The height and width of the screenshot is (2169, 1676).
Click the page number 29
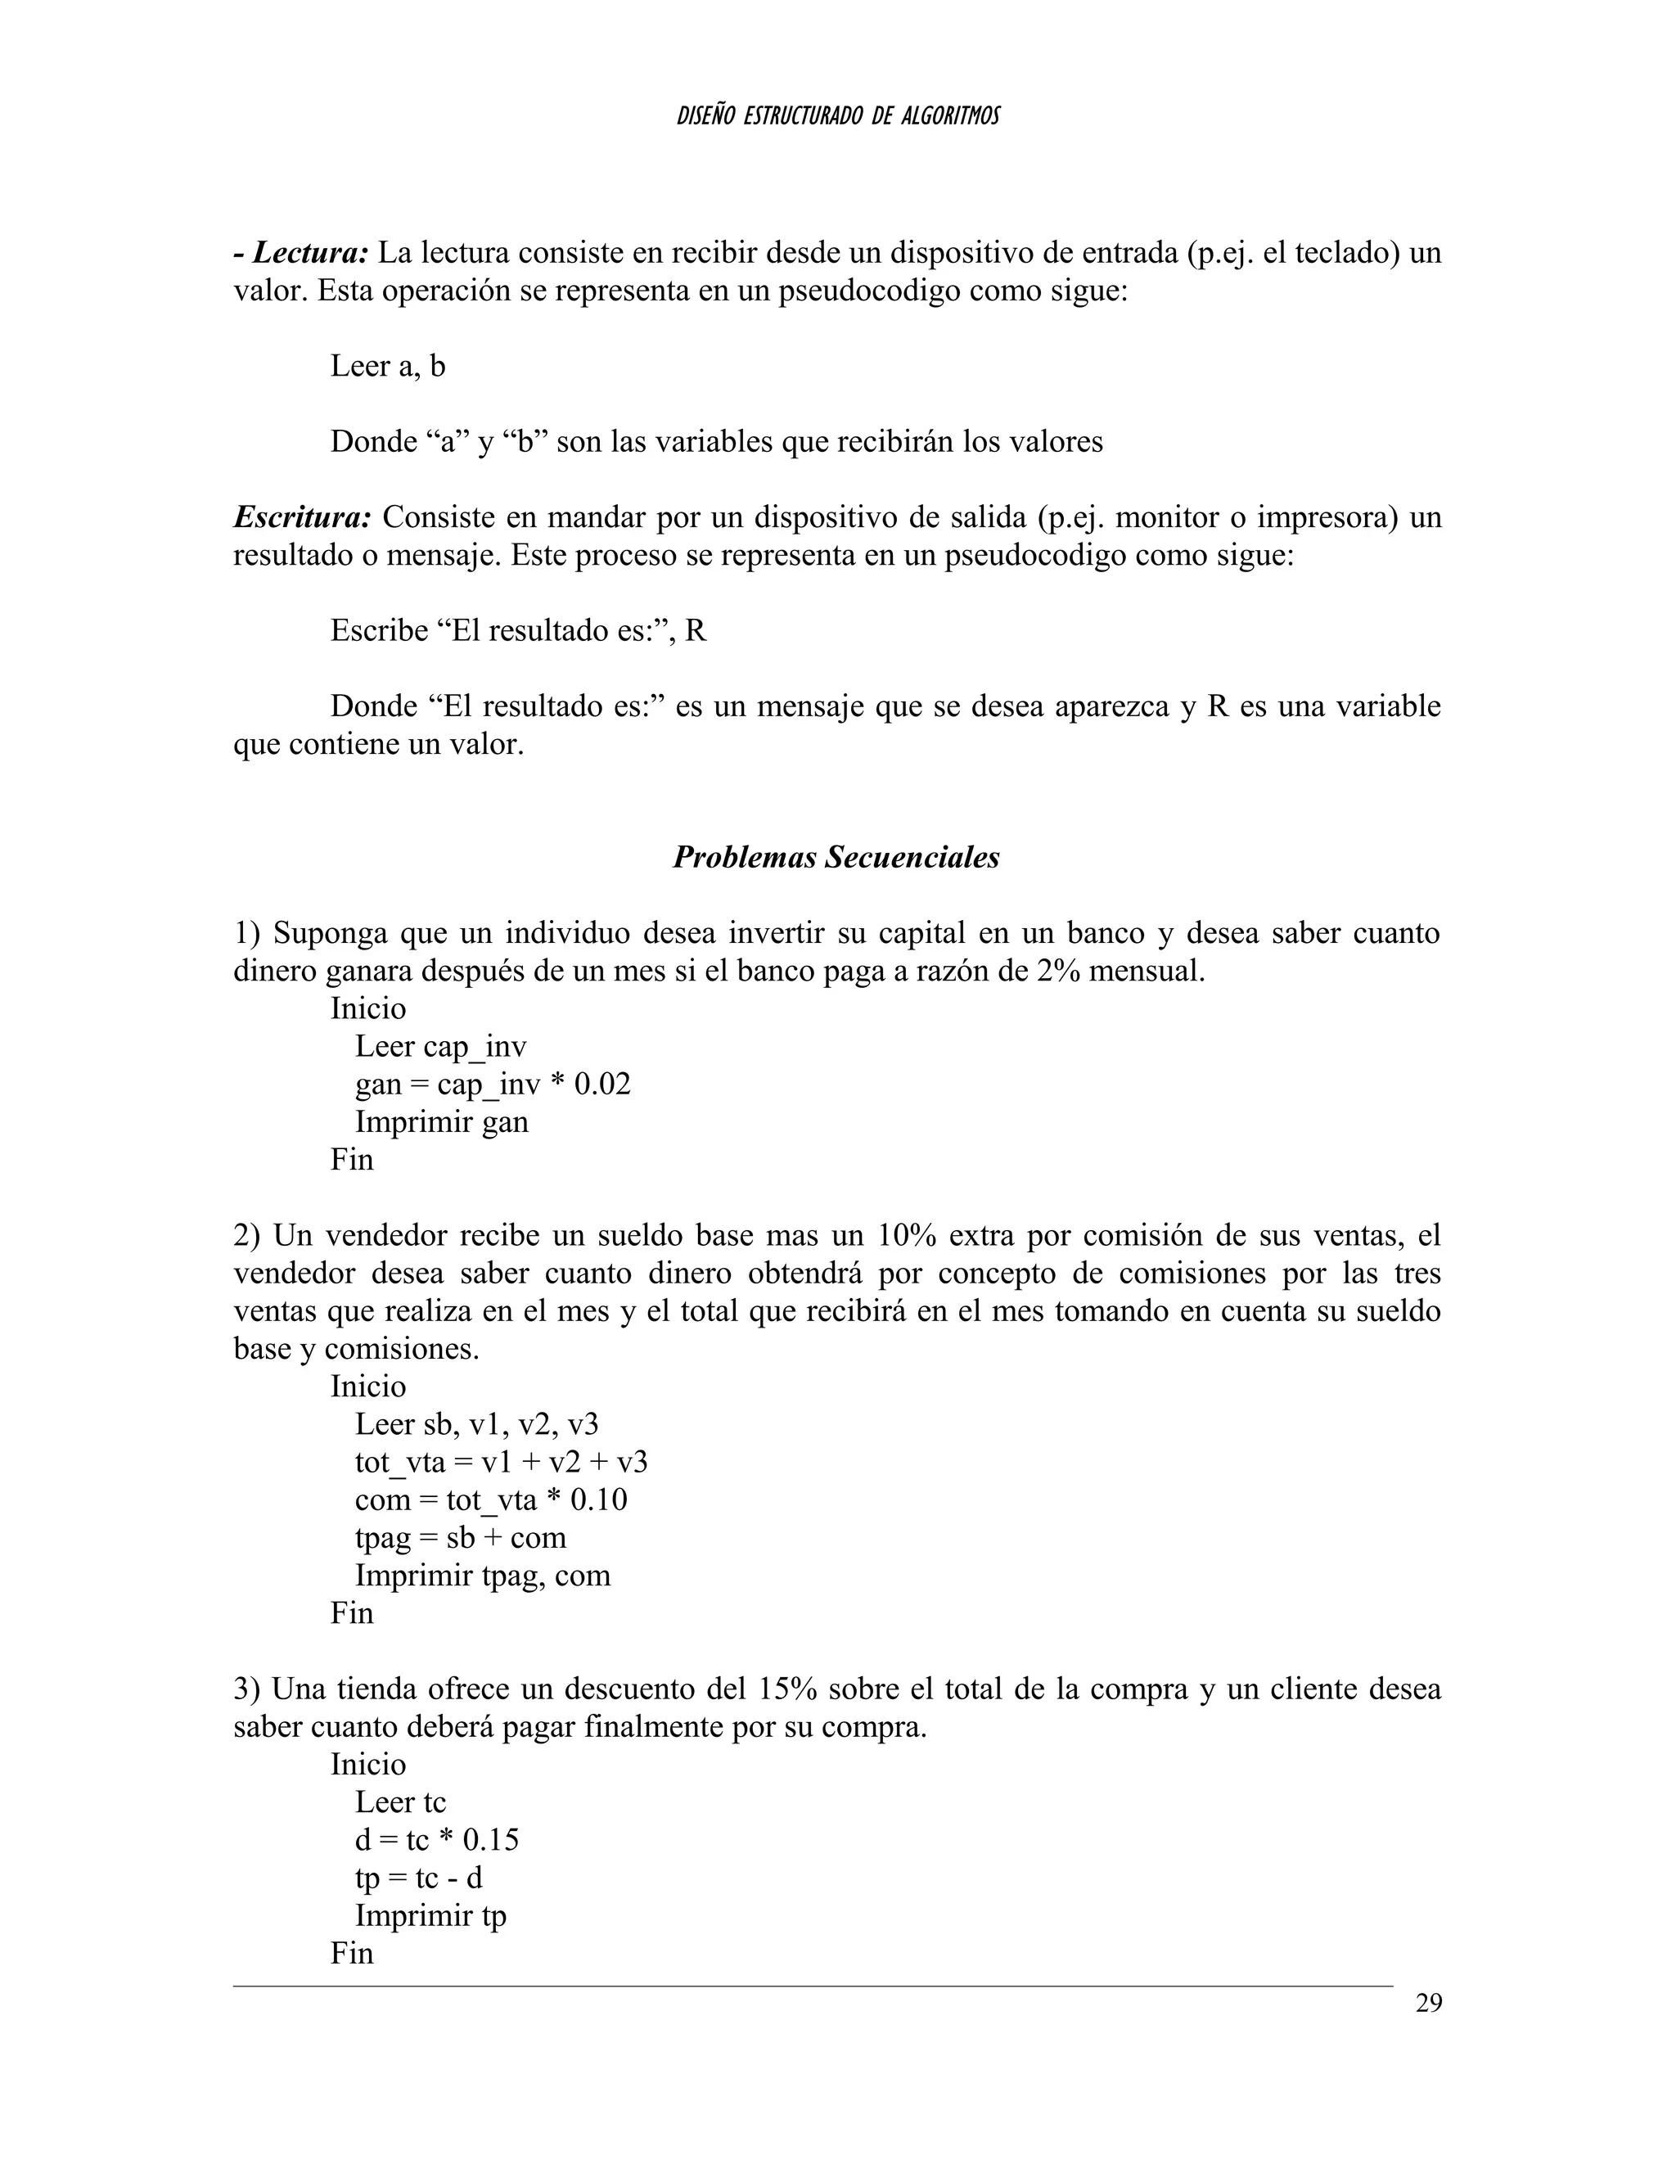1428,2003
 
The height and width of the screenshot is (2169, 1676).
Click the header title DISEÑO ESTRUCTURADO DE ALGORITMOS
838,116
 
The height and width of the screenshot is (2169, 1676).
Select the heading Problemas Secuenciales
836,857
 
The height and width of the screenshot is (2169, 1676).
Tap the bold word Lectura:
311,252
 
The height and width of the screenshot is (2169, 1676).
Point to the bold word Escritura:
303,517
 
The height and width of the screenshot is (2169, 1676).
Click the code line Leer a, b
387,367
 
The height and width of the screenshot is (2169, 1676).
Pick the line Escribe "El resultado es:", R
518,630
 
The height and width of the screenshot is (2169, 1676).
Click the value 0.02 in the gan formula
602,1084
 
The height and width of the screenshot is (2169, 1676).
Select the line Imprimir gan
442,1122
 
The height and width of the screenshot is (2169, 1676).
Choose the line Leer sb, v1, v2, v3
476,1424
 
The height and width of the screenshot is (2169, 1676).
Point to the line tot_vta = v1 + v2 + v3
502,1462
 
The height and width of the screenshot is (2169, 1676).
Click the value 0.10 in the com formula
599,1499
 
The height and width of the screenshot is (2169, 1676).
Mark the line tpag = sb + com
461,1537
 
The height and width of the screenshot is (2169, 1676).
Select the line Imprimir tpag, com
483,1575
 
